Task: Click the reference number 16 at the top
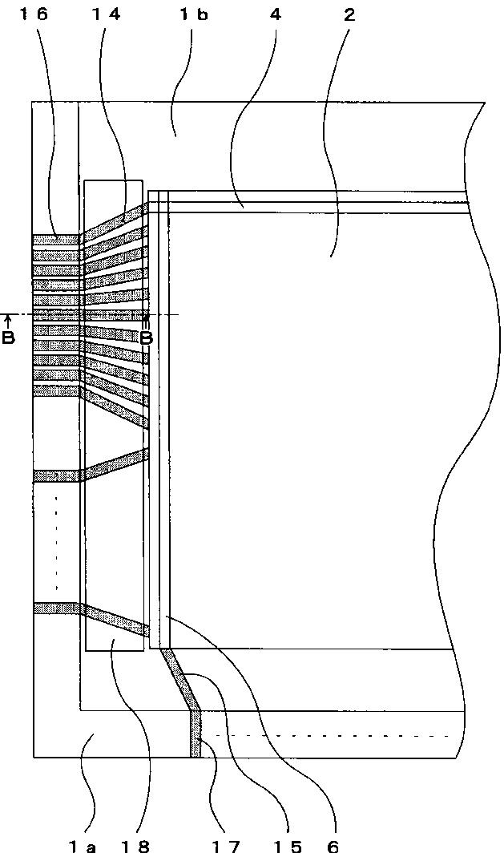pyautogui.click(x=34, y=14)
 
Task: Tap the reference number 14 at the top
pyautogui.click(x=106, y=14)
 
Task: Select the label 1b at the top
pyautogui.click(x=194, y=14)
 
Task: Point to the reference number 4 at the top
pyautogui.click(x=276, y=14)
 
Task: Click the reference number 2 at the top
pyautogui.click(x=349, y=14)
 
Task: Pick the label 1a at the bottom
pyautogui.click(x=82, y=846)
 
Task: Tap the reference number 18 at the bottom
pyautogui.click(x=135, y=846)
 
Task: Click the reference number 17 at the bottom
pyautogui.click(x=226, y=846)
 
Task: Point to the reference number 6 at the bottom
pyautogui.click(x=333, y=846)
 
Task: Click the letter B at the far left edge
pyautogui.click(x=8, y=338)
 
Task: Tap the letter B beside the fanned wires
pyautogui.click(x=147, y=338)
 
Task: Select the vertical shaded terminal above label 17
pyautogui.click(x=196, y=734)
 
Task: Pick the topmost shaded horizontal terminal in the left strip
pyautogui.click(x=56, y=240)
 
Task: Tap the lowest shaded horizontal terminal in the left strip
pyautogui.click(x=57, y=608)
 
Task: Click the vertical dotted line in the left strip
pyautogui.click(x=56, y=543)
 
